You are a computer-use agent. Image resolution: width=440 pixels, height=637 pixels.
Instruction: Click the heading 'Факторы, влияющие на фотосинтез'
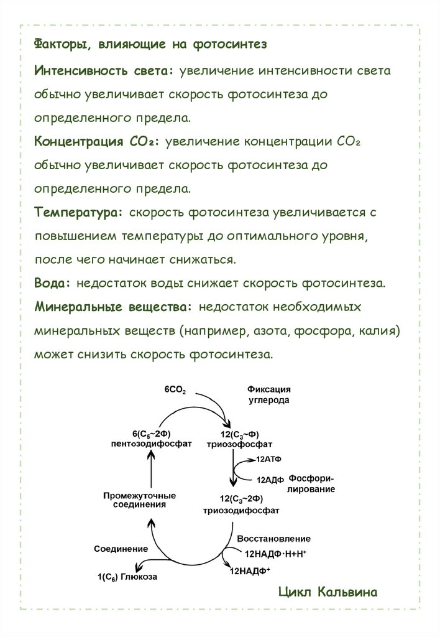[150, 44]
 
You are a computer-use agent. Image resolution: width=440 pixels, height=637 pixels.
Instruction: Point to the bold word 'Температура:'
[79, 212]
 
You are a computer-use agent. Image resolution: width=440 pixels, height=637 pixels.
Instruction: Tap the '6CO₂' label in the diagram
[175, 389]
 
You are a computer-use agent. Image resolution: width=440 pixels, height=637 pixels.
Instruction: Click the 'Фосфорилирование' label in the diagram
[312, 484]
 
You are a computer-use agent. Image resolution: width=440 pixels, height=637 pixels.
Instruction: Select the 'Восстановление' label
[273, 538]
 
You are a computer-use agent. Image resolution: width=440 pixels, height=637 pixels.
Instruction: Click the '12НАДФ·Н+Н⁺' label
[276, 552]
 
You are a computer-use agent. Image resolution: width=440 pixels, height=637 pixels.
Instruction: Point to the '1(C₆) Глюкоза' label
[127, 577]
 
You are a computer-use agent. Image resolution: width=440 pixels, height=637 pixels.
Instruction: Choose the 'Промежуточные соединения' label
[139, 500]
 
